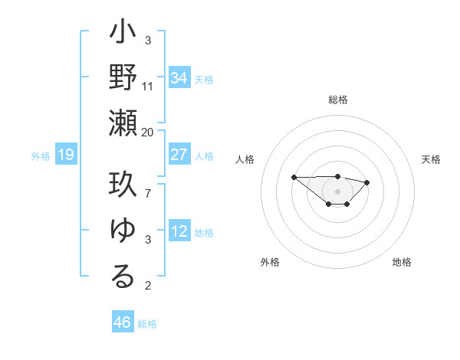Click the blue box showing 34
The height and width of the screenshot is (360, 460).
[x=179, y=78]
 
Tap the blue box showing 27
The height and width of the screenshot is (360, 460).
[x=179, y=155]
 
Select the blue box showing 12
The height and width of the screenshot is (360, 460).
[x=179, y=231]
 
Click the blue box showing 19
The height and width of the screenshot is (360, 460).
[x=65, y=155]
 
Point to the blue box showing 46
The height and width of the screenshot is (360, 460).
[x=123, y=322]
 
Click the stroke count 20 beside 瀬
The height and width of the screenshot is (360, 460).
[x=148, y=133]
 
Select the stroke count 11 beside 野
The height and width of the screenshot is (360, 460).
[x=148, y=87]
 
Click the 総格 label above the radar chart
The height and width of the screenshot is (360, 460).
[x=337, y=100]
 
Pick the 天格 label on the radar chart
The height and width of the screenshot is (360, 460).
[x=432, y=159]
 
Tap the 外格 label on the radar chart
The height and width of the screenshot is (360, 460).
[x=270, y=262]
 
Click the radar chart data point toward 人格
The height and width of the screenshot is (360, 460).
[x=294, y=177]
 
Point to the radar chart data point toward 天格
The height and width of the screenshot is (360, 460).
[x=367, y=182]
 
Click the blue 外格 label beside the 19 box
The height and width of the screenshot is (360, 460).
[x=41, y=156]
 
